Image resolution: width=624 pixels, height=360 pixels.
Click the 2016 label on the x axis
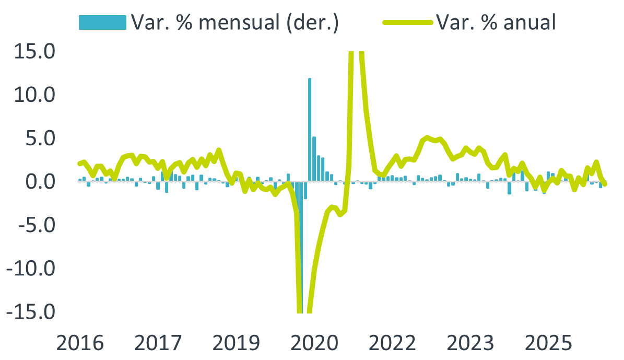[x=80, y=344]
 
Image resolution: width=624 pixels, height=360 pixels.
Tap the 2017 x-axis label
[x=158, y=344]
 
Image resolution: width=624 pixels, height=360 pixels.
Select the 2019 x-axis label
[x=237, y=344]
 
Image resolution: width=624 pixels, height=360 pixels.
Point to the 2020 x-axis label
[x=314, y=344]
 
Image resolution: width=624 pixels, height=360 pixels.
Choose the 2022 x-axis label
[x=392, y=344]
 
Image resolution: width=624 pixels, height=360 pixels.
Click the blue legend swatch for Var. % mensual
[x=102, y=22]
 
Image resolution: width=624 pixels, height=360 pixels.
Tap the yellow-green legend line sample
[x=407, y=22]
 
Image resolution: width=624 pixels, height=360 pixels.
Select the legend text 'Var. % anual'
[x=496, y=22]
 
